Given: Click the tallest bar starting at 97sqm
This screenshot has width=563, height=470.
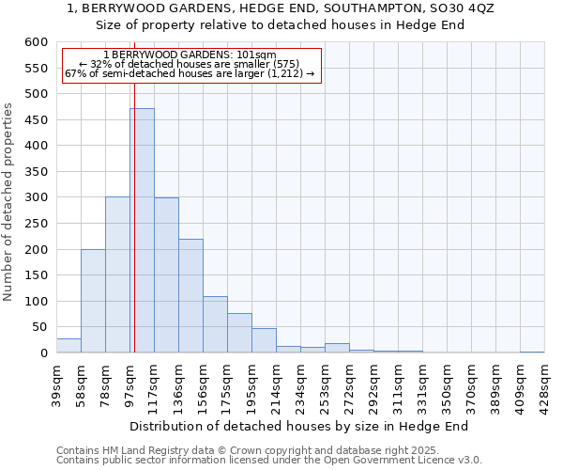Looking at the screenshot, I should (142, 230).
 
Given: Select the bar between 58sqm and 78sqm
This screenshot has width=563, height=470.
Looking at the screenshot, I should (93, 301).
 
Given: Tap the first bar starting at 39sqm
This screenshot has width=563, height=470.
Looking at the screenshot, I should (68, 345).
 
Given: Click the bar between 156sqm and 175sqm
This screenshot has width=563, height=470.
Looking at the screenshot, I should (215, 324).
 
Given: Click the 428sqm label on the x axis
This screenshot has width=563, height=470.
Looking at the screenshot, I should (544, 383).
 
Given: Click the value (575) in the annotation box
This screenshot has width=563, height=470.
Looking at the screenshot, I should (255, 64).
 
